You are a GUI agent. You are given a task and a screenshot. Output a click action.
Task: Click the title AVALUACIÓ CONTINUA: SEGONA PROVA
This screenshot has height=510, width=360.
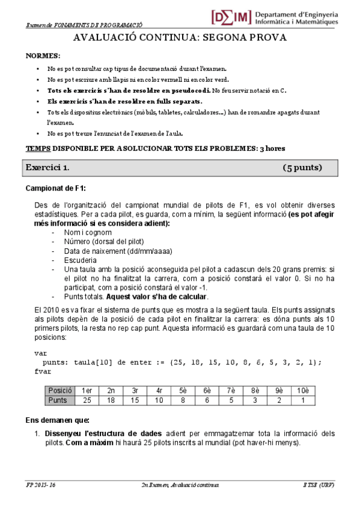coord(180,38)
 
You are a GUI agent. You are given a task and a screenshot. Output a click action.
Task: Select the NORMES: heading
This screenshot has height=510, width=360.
coord(43,55)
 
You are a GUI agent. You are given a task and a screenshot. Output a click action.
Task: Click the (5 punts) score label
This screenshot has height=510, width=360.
coord(302,167)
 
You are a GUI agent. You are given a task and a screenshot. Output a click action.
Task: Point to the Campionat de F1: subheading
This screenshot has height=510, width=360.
coord(55,188)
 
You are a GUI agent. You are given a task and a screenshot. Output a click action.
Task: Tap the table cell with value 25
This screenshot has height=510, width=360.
coord(87,399)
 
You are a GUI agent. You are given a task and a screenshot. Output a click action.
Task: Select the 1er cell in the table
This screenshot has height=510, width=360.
coord(87,390)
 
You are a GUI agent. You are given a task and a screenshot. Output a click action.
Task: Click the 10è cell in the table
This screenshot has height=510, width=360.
coord(303,390)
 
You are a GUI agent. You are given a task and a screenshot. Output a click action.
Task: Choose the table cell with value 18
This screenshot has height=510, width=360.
coord(111,399)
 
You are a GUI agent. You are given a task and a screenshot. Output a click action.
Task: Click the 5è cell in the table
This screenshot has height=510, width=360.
coord(183,390)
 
